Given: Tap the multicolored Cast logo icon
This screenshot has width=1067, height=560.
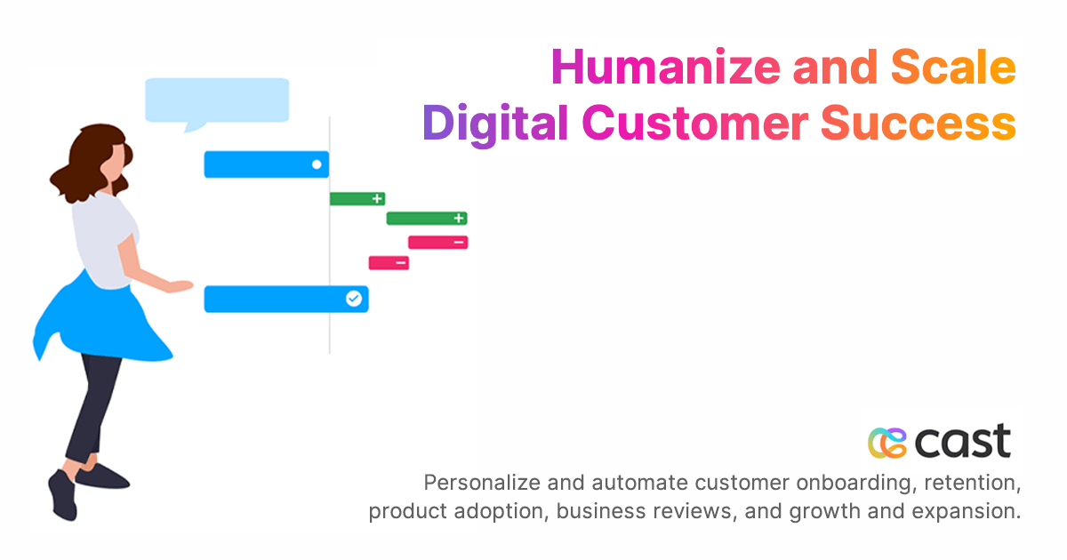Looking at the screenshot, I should coord(886,442).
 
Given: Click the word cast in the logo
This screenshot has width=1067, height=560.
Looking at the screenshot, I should coord(964,441).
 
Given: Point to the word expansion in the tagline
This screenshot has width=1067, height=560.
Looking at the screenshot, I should coord(975,512).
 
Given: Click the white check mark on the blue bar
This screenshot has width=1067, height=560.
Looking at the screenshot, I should coord(354,300).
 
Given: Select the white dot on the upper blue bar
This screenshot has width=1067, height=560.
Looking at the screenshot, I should coord(317,164).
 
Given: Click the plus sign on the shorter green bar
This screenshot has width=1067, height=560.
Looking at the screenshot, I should coord(377,199).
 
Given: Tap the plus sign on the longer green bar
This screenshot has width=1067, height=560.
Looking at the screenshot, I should coord(459,219).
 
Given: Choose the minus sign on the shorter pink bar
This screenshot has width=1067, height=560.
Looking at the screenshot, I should coord(401,263).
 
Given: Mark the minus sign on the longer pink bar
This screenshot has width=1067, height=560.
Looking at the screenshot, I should coord(458,243).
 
